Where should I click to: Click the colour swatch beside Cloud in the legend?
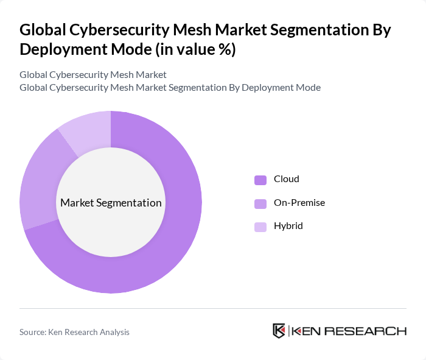(260, 180)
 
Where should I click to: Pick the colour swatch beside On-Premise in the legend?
(260, 203)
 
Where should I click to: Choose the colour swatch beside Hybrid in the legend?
(260, 227)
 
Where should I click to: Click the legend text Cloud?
(286, 179)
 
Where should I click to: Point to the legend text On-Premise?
(299, 202)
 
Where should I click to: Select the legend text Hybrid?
(288, 226)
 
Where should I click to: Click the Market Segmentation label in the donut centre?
(111, 203)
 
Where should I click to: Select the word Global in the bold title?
(40, 30)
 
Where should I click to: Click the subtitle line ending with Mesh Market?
(93, 75)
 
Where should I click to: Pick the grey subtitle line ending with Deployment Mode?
(170, 87)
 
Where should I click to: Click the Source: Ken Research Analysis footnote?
(74, 332)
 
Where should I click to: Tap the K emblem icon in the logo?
(279, 331)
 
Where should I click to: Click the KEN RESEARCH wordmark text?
(349, 331)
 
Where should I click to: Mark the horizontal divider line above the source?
(213, 308)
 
